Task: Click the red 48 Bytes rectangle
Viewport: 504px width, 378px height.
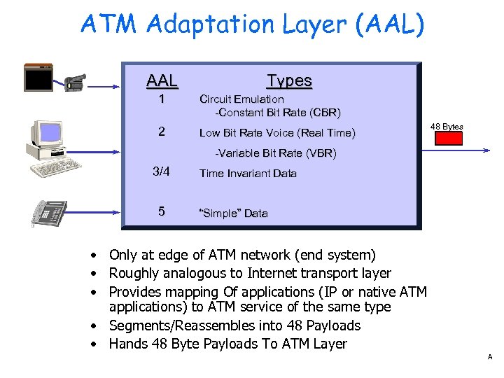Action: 449,138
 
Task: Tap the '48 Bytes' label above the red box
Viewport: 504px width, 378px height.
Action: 447,127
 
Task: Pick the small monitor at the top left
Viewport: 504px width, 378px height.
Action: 38,77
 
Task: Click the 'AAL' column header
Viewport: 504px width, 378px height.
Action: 162,80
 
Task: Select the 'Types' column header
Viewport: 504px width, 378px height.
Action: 289,80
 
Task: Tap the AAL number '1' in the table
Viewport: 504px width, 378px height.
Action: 162,99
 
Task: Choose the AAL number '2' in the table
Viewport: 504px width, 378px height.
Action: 162,132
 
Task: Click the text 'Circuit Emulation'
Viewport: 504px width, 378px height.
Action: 241,99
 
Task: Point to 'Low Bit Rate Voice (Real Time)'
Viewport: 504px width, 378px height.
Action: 277,133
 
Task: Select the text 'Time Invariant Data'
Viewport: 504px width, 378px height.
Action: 248,174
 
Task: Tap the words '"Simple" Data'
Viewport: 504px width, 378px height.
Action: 234,213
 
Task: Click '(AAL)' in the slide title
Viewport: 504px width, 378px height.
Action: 389,25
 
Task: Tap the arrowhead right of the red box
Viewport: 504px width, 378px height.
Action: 485,150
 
